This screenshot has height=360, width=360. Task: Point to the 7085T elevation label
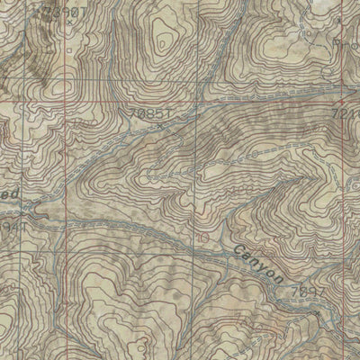pyautogui.click(x=148, y=114)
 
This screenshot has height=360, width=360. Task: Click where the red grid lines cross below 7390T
pyautogui.click(x=66, y=103)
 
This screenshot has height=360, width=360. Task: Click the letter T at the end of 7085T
pyautogui.click(x=168, y=114)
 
